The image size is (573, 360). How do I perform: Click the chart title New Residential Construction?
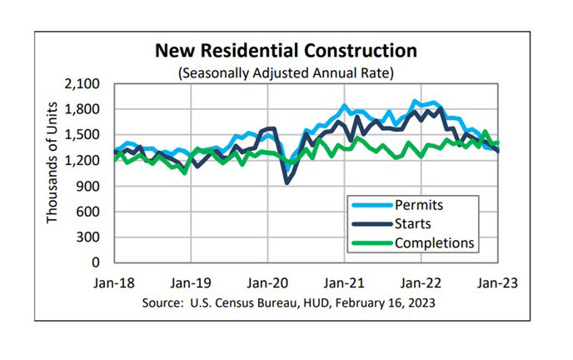coord(286,52)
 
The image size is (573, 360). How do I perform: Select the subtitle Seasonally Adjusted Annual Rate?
coord(286,72)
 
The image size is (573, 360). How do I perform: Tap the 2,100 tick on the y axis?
coord(82,84)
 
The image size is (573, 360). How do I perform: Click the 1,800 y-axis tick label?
coord(82,109)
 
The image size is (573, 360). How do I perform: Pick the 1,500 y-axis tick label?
coord(82,135)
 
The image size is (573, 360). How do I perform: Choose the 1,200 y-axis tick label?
coord(82,160)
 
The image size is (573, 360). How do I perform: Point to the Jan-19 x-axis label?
coord(192,282)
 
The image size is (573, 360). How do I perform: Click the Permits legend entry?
coord(418,205)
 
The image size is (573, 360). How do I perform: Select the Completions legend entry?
coord(433,242)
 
